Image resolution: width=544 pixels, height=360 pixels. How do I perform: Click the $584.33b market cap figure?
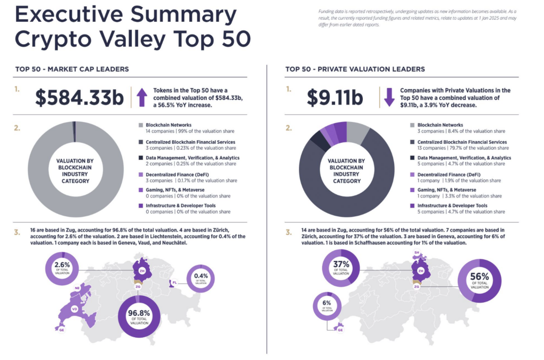point(80,98)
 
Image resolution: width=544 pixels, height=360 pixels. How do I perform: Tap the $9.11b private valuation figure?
point(335,98)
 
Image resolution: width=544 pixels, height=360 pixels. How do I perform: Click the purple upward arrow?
point(141,98)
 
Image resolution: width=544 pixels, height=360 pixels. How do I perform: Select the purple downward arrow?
point(389,98)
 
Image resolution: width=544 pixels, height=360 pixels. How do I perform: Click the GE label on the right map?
point(340,330)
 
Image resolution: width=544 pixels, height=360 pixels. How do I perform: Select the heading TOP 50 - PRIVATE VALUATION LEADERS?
point(354,69)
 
